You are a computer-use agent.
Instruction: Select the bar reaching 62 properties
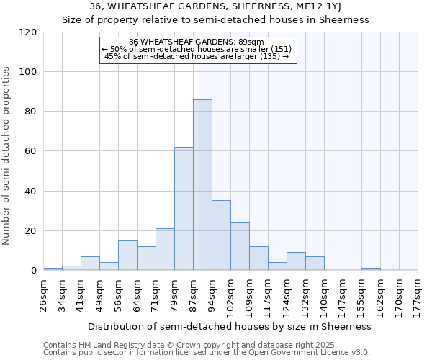click(184, 209)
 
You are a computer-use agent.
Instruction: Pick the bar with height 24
click(240, 246)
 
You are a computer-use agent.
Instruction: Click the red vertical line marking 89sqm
click(199, 166)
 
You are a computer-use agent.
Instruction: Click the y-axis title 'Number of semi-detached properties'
click(6, 156)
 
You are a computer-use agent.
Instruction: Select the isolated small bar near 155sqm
click(371, 269)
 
